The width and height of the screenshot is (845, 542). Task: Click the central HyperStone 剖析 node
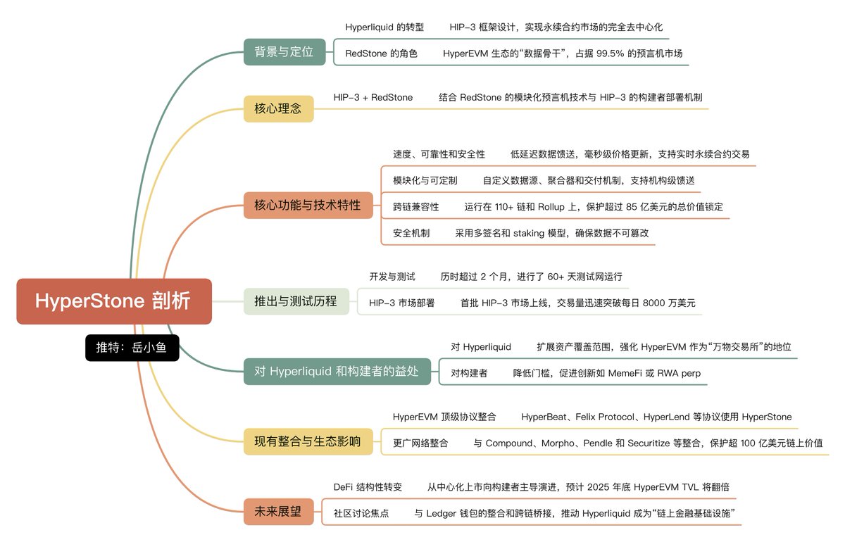click(113, 301)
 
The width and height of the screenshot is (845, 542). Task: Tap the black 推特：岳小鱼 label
click(132, 347)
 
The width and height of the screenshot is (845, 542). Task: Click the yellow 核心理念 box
click(278, 108)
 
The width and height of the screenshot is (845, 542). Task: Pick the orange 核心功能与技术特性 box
click(307, 206)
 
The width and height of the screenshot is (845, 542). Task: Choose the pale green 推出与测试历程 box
click(296, 301)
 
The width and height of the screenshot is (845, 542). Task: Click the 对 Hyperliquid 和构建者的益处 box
click(337, 371)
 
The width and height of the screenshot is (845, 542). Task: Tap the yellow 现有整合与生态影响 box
click(307, 441)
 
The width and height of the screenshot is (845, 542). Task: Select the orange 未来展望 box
click(277, 512)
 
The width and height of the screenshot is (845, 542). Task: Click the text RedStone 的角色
click(381, 53)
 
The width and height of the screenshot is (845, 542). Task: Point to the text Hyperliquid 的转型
click(384, 27)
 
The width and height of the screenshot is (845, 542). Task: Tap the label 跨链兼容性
click(415, 207)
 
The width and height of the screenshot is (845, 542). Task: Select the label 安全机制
click(411, 233)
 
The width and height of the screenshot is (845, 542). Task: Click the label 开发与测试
click(392, 277)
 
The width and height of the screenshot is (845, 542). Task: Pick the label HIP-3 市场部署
click(401, 303)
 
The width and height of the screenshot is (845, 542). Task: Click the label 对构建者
click(469, 373)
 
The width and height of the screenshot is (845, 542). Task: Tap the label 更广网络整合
click(420, 443)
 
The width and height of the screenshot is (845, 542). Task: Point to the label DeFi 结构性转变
click(368, 487)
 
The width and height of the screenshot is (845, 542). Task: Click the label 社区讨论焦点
click(361, 513)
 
